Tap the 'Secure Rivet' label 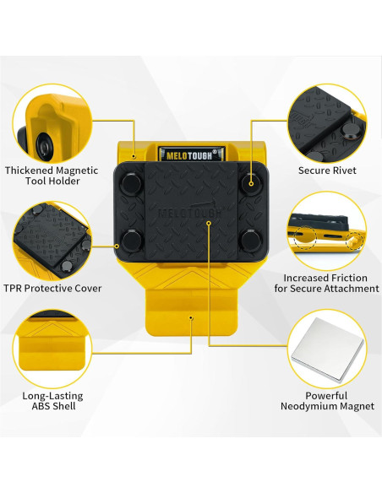(x=326, y=170)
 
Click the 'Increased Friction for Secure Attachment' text (x=330, y=283)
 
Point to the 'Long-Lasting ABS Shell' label (x=52, y=400)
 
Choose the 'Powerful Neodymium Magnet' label (x=327, y=400)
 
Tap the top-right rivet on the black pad (x=249, y=181)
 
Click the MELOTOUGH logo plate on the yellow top (x=190, y=154)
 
